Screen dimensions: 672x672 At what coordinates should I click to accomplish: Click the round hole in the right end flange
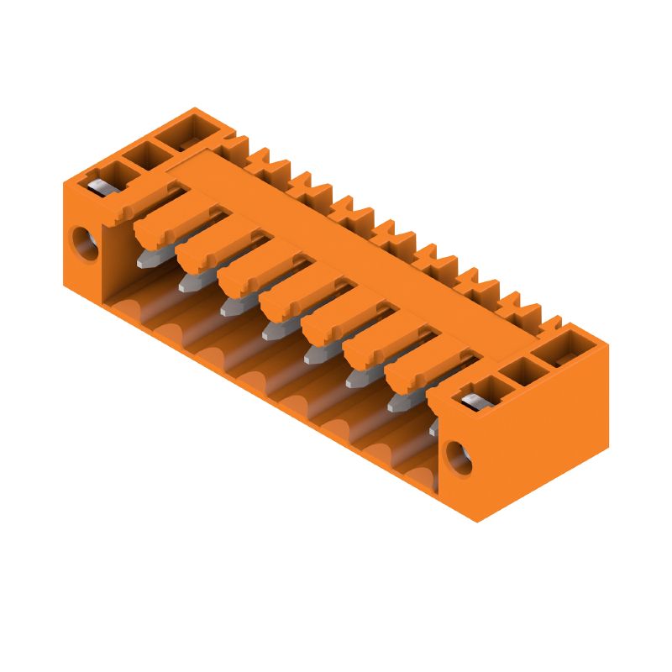click(459, 456)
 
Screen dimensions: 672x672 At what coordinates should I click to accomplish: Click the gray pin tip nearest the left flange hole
click(146, 259)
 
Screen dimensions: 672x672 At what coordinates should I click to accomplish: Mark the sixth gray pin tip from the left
click(354, 381)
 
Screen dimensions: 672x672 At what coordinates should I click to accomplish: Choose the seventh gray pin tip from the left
click(396, 405)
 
